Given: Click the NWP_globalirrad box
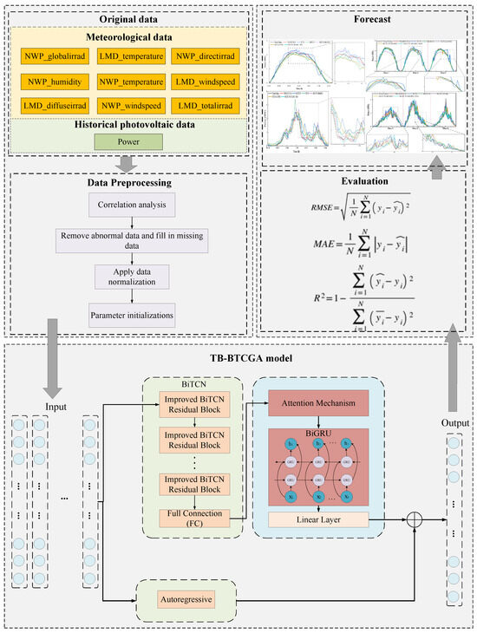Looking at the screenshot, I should tap(56, 57).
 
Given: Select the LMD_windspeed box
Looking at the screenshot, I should tap(205, 83).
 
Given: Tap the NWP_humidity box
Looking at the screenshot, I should tap(56, 83).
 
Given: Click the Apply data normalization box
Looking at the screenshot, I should tap(130, 275).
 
